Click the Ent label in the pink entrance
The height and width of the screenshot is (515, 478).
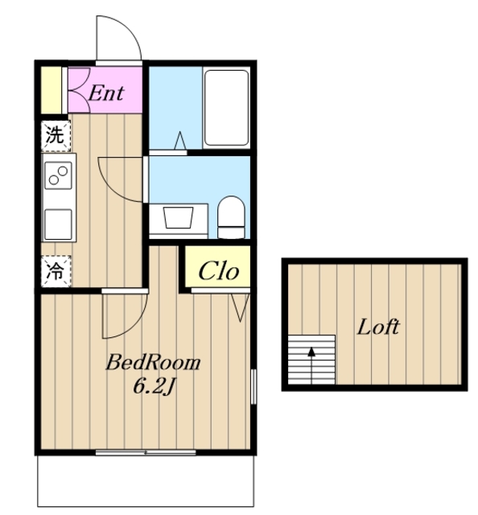click(106, 93)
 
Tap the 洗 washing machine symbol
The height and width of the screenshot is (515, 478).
click(56, 136)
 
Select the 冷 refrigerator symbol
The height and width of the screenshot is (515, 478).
click(56, 271)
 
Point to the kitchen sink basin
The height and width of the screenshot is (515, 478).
click(58, 225)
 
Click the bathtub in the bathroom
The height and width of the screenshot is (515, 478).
click(226, 108)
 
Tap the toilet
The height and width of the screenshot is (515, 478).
click(231, 217)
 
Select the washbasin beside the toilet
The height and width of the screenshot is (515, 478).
click(179, 218)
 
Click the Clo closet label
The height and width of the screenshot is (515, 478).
click(219, 270)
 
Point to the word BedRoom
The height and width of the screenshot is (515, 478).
click(153, 363)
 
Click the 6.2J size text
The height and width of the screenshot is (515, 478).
click(153, 386)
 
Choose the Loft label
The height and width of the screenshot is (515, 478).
click(378, 328)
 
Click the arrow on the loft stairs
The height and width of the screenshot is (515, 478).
click(311, 365)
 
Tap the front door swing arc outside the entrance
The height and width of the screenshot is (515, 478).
click(128, 27)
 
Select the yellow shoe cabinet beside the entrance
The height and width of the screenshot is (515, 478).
click(52, 89)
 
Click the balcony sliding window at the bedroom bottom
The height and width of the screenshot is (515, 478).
click(146, 452)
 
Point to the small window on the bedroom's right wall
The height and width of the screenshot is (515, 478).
click(253, 386)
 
